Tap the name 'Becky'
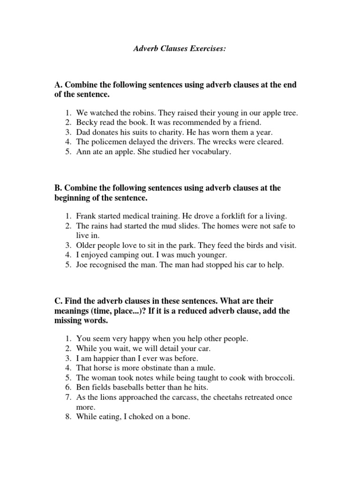[x=86, y=123]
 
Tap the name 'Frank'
[x=86, y=216]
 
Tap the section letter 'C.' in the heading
[x=59, y=300]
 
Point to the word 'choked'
[x=138, y=416]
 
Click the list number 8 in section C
[x=68, y=416]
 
